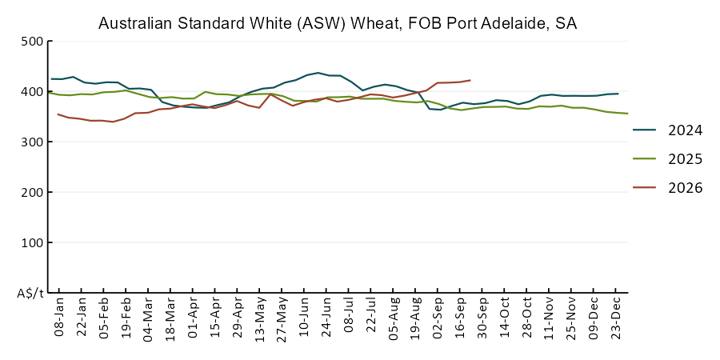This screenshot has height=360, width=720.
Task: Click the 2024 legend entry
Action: click(x=668, y=130)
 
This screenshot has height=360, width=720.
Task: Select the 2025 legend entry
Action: click(x=668, y=159)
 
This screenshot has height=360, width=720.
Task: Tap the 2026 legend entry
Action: click(x=668, y=187)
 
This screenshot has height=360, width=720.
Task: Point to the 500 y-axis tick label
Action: click(x=32, y=42)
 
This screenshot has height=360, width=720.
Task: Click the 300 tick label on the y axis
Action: click(x=32, y=142)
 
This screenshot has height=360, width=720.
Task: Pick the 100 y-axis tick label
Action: click(x=32, y=242)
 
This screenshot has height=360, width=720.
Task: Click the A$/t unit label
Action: click(x=30, y=294)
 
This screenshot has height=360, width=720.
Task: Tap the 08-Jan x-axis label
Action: click(x=59, y=317)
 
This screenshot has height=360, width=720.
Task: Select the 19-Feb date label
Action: click(x=126, y=317)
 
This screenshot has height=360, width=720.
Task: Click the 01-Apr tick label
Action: click(x=193, y=317)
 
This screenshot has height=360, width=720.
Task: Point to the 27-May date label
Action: click(x=282, y=317)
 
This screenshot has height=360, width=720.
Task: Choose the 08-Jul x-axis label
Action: click(x=349, y=317)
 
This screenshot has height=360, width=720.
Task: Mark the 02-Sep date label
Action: click(x=438, y=317)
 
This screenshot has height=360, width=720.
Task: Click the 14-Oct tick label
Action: click(x=505, y=317)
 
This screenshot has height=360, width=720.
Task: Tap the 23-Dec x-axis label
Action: click(x=616, y=317)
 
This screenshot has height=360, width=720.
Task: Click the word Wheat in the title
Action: click(x=374, y=23)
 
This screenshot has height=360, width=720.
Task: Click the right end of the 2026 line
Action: click(x=470, y=80)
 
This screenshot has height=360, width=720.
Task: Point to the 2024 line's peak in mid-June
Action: click(x=318, y=73)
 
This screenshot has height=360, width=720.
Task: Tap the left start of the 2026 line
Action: click(x=58, y=114)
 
